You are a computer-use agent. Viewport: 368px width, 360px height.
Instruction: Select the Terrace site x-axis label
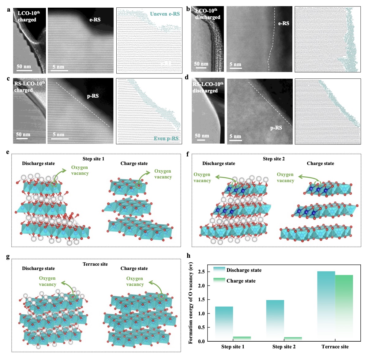coord(335,347)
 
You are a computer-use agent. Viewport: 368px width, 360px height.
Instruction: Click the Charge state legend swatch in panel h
coord(219,280)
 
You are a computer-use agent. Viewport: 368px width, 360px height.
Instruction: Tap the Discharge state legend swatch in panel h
coord(219,270)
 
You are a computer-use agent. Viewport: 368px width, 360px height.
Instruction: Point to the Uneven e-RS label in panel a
coord(165,14)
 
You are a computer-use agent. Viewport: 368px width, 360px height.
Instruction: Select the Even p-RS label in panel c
coord(166,139)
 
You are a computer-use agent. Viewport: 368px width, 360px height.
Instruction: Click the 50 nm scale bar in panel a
coord(24,69)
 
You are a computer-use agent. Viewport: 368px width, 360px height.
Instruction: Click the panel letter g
coord(8,257)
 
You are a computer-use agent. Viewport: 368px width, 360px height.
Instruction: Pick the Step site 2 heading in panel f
coord(274,159)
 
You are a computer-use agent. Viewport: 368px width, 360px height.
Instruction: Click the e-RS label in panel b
coord(284,23)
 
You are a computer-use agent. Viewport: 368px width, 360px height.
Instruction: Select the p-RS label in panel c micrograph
coord(93,96)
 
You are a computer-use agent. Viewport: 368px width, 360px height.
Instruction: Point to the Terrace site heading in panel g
coord(95,264)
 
